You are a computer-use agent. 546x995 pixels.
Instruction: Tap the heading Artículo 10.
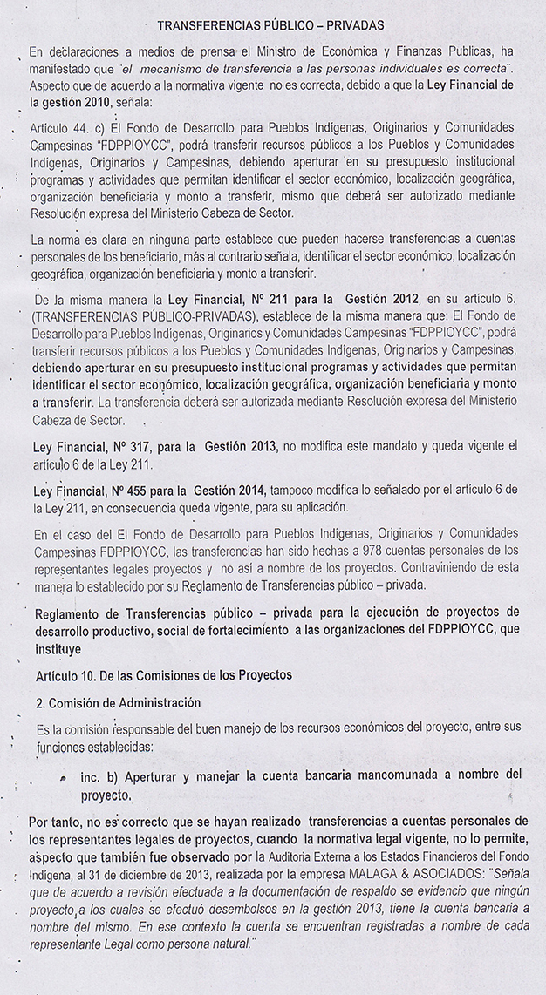[x=69, y=676]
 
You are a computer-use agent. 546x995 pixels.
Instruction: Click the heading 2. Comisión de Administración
[x=118, y=703]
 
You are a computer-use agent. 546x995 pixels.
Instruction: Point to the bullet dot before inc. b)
[x=64, y=776]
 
